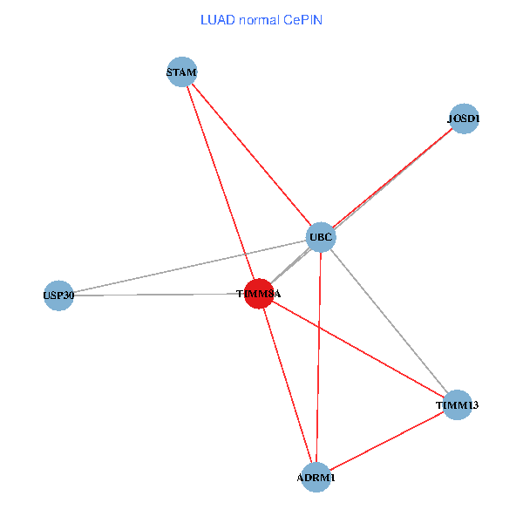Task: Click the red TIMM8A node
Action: pyautogui.click(x=259, y=294)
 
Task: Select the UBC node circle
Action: pyautogui.click(x=321, y=236)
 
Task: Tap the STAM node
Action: pyautogui.click(x=182, y=71)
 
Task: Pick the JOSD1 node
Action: pyautogui.click(x=464, y=119)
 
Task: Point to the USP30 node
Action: pyautogui.click(x=58, y=295)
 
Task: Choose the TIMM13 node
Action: pyautogui.click(x=458, y=404)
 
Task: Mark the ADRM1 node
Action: pyautogui.click(x=316, y=478)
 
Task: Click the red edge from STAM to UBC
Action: pyautogui.click(x=251, y=153)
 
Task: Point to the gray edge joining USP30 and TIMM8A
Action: pyautogui.click(x=157, y=295)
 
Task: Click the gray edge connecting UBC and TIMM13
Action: pyautogui.click(x=389, y=320)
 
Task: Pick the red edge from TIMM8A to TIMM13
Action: pyautogui.click(x=358, y=349)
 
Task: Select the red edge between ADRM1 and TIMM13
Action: pyautogui.click(x=386, y=441)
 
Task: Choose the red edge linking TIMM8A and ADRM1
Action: pyautogui.click(x=287, y=385)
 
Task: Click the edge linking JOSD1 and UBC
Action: pyautogui.click(x=392, y=177)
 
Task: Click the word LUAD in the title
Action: pyautogui.click(x=215, y=19)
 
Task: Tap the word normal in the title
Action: pyautogui.click(x=259, y=19)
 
